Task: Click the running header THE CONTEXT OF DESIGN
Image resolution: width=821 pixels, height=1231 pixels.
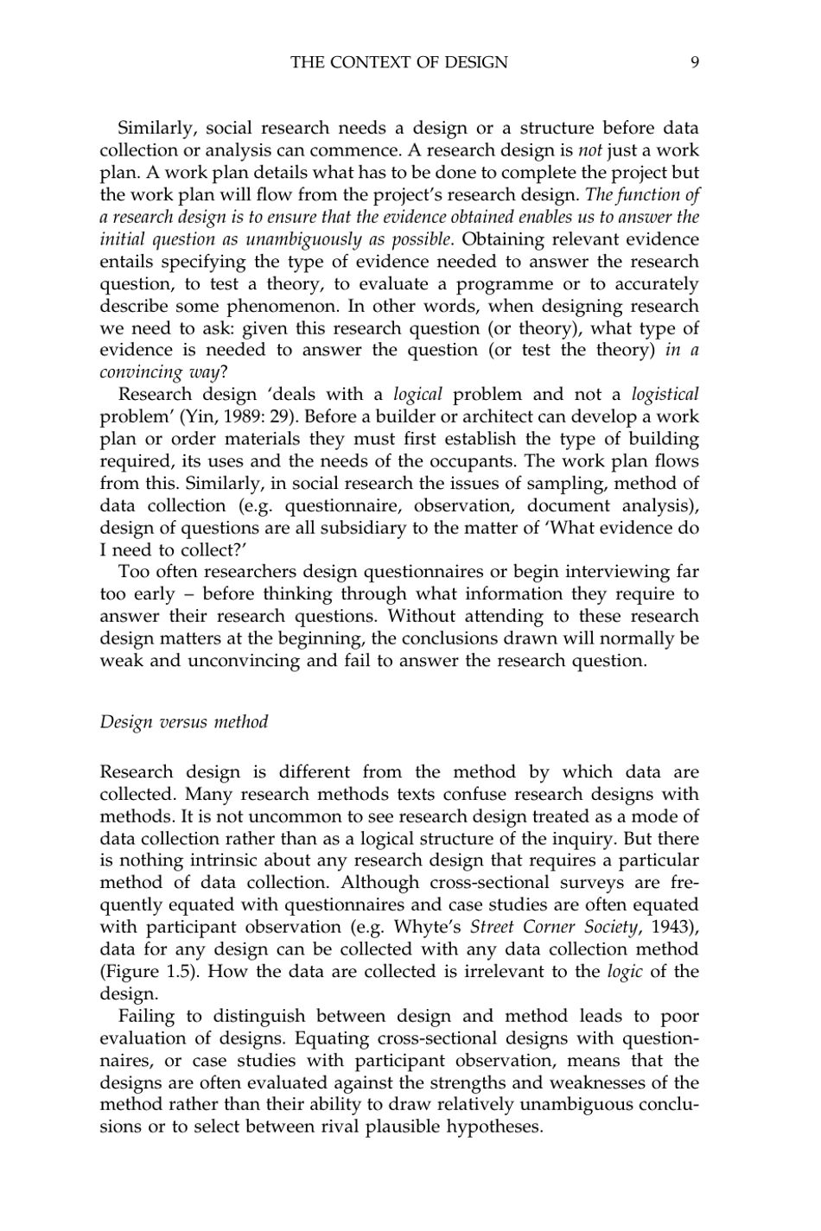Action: click(x=399, y=62)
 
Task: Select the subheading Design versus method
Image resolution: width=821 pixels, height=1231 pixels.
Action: click(x=184, y=721)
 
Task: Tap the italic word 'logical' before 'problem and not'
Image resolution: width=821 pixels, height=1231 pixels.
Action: click(x=417, y=395)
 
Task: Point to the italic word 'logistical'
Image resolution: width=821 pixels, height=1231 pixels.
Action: click(x=665, y=395)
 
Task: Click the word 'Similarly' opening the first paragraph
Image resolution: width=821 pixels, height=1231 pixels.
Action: click(x=158, y=129)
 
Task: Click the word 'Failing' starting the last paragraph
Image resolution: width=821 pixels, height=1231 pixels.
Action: click(x=148, y=1016)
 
